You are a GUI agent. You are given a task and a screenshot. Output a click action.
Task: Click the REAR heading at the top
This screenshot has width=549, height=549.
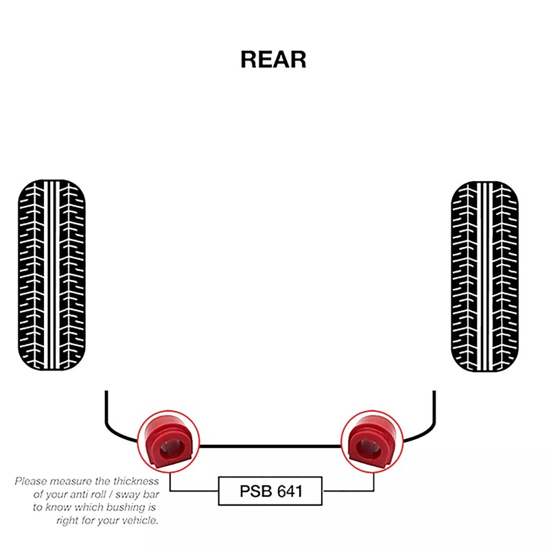(273, 60)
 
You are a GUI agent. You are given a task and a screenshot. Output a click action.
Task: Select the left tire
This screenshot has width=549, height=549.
(51, 277)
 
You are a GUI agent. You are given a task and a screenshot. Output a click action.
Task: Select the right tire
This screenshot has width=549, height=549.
(484, 277)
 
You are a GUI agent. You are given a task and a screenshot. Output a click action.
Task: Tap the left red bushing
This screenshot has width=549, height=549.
(168, 441)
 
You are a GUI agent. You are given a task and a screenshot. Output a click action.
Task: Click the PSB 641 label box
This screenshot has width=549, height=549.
(270, 491)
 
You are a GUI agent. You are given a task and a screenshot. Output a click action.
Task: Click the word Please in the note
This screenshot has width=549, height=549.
(31, 481)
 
